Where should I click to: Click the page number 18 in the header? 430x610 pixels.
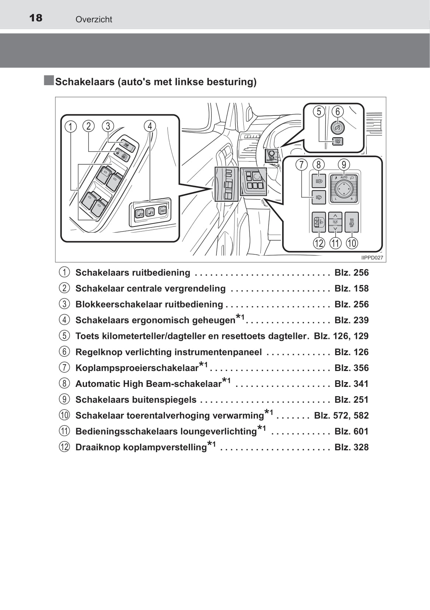coord(36,18)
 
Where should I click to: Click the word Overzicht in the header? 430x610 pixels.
coord(94,20)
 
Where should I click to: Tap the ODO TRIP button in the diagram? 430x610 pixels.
coord(337,141)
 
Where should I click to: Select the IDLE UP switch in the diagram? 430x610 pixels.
coord(351,222)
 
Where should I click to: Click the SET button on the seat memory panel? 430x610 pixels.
coord(163,210)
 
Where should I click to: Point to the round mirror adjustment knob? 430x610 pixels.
coord(344,189)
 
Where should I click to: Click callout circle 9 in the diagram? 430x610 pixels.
coord(344,164)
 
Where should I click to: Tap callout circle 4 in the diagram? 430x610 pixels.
coord(150,126)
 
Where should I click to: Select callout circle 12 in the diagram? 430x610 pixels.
coord(319,243)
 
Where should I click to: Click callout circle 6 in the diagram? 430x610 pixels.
coord(337,111)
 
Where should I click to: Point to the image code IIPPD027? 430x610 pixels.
coord(372,258)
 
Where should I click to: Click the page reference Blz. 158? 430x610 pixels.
coord(351,288)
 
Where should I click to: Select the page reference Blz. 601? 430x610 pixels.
coord(351,431)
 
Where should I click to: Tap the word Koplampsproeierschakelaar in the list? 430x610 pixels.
coord(137,368)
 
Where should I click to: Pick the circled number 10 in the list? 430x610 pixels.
coord(64,415)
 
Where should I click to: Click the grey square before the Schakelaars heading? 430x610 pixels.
coord(49,80)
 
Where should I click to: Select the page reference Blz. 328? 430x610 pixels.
coord(351,447)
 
